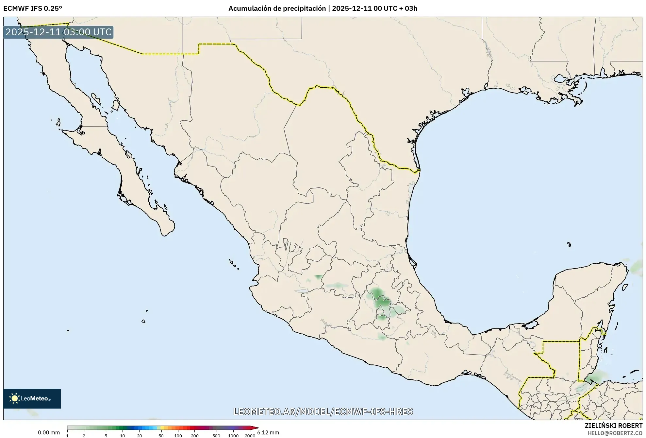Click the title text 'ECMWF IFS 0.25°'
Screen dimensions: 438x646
33,9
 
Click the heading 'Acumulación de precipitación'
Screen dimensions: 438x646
277,9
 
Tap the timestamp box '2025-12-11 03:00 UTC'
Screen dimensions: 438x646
58,32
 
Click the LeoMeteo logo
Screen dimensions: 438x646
32,398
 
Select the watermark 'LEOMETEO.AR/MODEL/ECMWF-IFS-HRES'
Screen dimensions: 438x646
323,412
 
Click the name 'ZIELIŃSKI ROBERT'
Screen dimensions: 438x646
613,426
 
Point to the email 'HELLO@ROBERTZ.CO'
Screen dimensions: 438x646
615,433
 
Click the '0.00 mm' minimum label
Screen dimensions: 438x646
49,432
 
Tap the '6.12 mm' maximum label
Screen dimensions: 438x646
268,432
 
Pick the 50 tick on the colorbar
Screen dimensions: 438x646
161,436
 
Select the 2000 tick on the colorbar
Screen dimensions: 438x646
250,436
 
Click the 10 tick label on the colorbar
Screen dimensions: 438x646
122,436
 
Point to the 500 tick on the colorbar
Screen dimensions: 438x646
216,436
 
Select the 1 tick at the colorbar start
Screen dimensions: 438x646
67,436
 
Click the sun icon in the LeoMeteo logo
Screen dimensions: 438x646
14,398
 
